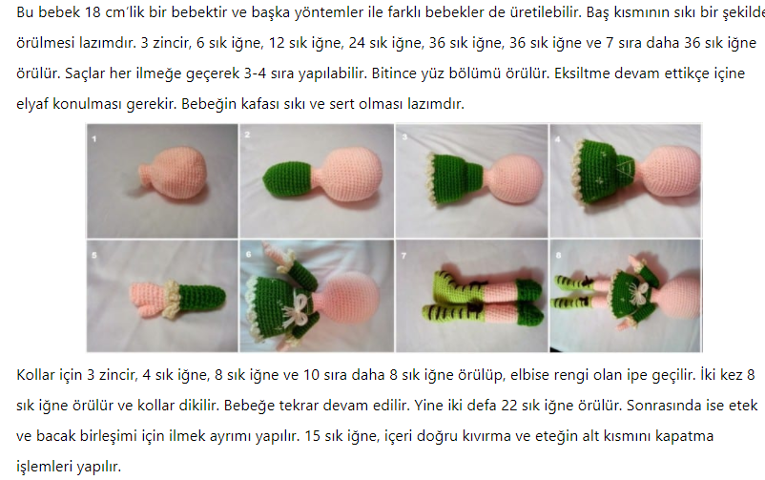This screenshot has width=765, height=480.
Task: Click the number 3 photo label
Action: point(404,137)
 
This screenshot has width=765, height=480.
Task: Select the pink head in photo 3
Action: point(513,177)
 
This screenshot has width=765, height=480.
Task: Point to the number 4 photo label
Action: point(558,139)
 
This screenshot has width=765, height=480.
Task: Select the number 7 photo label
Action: point(403,256)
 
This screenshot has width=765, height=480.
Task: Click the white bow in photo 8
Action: point(635,295)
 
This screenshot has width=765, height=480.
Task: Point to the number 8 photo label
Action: point(558,255)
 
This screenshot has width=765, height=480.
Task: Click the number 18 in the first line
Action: point(93,11)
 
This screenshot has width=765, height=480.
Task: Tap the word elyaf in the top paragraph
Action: point(32,104)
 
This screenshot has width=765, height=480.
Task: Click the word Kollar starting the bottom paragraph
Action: point(35,374)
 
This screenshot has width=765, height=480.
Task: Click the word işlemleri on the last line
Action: point(45,467)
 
